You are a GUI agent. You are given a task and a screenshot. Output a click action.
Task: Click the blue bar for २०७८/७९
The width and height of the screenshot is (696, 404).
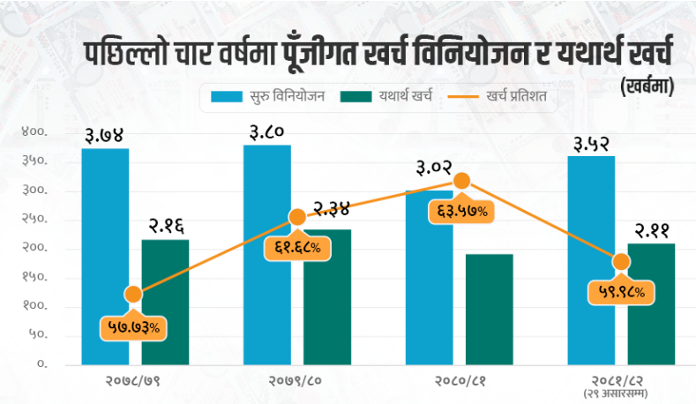(x=106, y=256)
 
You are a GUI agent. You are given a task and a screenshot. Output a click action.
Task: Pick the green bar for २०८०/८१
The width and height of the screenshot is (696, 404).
(x=490, y=309)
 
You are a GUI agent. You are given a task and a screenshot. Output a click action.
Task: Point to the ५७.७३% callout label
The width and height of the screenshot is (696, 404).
(x=133, y=327)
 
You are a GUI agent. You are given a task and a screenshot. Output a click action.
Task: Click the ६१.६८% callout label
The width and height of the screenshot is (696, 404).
(x=296, y=249)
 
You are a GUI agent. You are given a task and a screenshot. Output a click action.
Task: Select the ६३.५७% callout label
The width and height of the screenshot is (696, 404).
(x=460, y=212)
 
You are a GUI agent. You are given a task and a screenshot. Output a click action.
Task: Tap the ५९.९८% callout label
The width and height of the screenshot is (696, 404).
(x=621, y=291)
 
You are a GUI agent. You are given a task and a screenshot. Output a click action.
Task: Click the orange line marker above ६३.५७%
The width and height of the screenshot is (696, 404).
(x=460, y=182)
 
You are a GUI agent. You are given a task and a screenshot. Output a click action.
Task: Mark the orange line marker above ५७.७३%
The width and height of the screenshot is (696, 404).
(x=133, y=295)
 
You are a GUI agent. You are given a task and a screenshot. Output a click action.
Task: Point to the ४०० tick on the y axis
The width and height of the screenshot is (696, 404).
(x=34, y=132)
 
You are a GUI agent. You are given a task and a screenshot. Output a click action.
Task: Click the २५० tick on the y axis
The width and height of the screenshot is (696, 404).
(x=34, y=220)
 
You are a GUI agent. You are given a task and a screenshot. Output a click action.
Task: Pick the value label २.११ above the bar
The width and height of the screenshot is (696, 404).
(x=651, y=230)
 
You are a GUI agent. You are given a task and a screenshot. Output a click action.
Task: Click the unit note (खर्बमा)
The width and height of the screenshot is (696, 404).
(x=649, y=85)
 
